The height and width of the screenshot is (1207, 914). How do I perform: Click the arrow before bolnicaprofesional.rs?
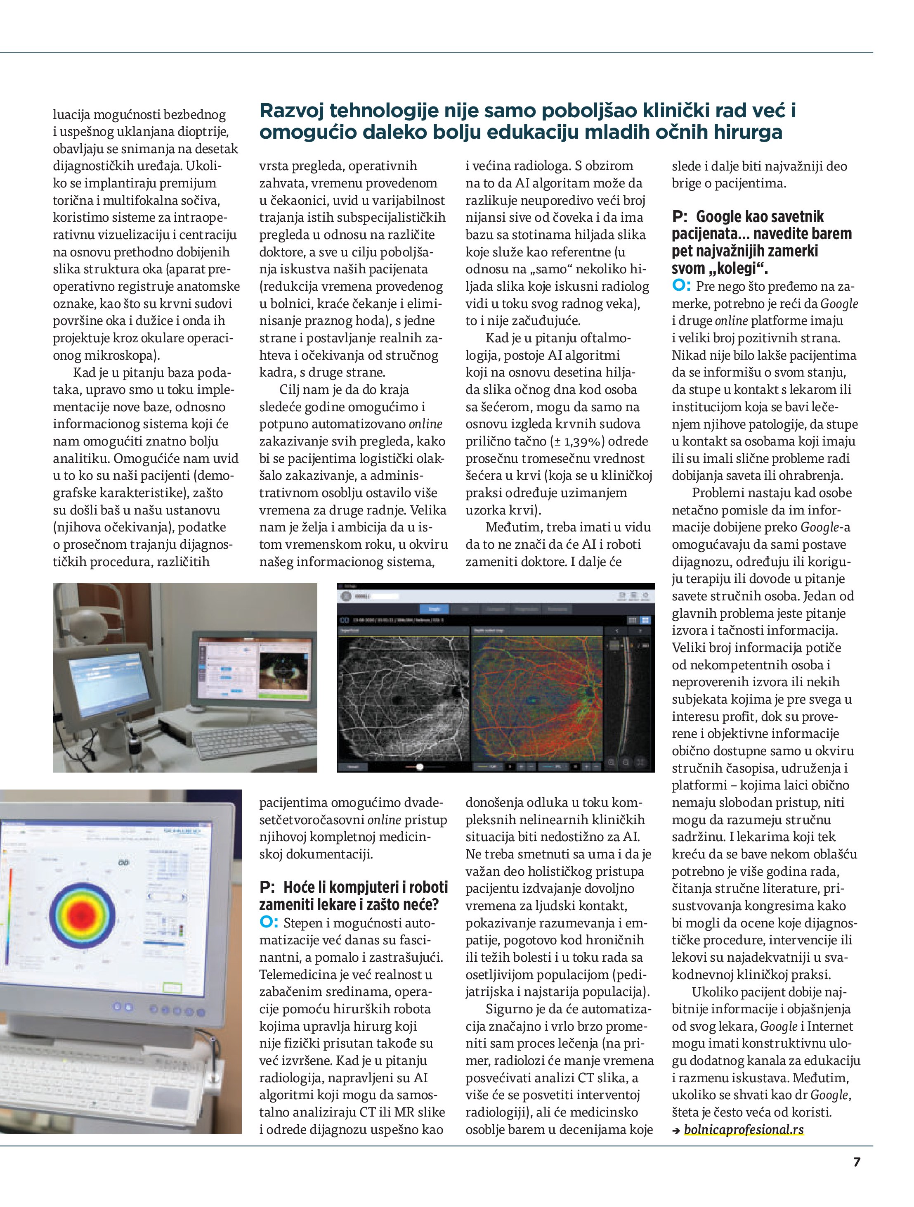coord(676,1130)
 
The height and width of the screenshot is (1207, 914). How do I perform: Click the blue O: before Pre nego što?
coord(681,285)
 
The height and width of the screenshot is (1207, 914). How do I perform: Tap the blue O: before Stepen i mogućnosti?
coord(269,922)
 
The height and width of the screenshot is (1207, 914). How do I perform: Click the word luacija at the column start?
coord(71,115)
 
